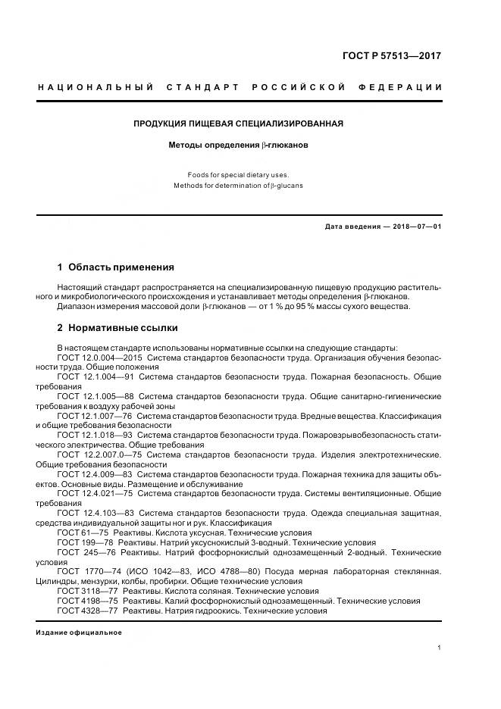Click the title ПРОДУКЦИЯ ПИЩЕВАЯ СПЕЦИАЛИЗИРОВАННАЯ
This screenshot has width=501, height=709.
tap(239, 123)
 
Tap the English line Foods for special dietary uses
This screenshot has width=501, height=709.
tap(239, 175)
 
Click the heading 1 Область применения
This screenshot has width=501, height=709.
tap(116, 267)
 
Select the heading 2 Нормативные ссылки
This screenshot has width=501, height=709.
tap(117, 328)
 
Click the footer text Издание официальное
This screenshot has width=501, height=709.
tap(79, 632)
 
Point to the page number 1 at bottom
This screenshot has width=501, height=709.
tap(440, 648)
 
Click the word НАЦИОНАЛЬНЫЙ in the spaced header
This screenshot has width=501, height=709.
tap(96, 88)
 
